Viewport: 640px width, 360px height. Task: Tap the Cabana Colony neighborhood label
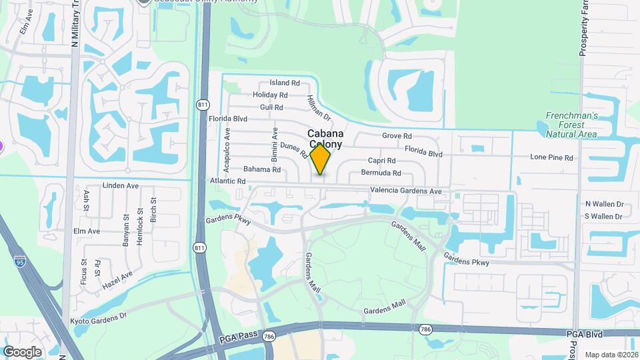(x=325, y=139)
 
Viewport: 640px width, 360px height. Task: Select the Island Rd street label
(x=285, y=83)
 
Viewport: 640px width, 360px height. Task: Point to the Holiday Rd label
(x=269, y=95)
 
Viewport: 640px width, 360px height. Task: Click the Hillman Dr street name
(x=319, y=107)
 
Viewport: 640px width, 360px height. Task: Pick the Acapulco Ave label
(x=227, y=150)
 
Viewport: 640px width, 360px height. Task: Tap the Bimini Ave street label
(x=274, y=145)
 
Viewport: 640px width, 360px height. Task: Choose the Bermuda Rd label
(x=381, y=173)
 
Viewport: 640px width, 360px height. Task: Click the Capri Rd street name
(x=382, y=161)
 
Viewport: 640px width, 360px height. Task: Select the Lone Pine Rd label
(x=551, y=158)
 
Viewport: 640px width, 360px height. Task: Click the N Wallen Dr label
(x=603, y=204)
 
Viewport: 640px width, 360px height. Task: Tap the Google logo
(x=22, y=351)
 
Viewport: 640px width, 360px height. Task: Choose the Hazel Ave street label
(x=117, y=279)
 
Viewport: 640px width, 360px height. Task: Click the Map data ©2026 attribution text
(x=611, y=355)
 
